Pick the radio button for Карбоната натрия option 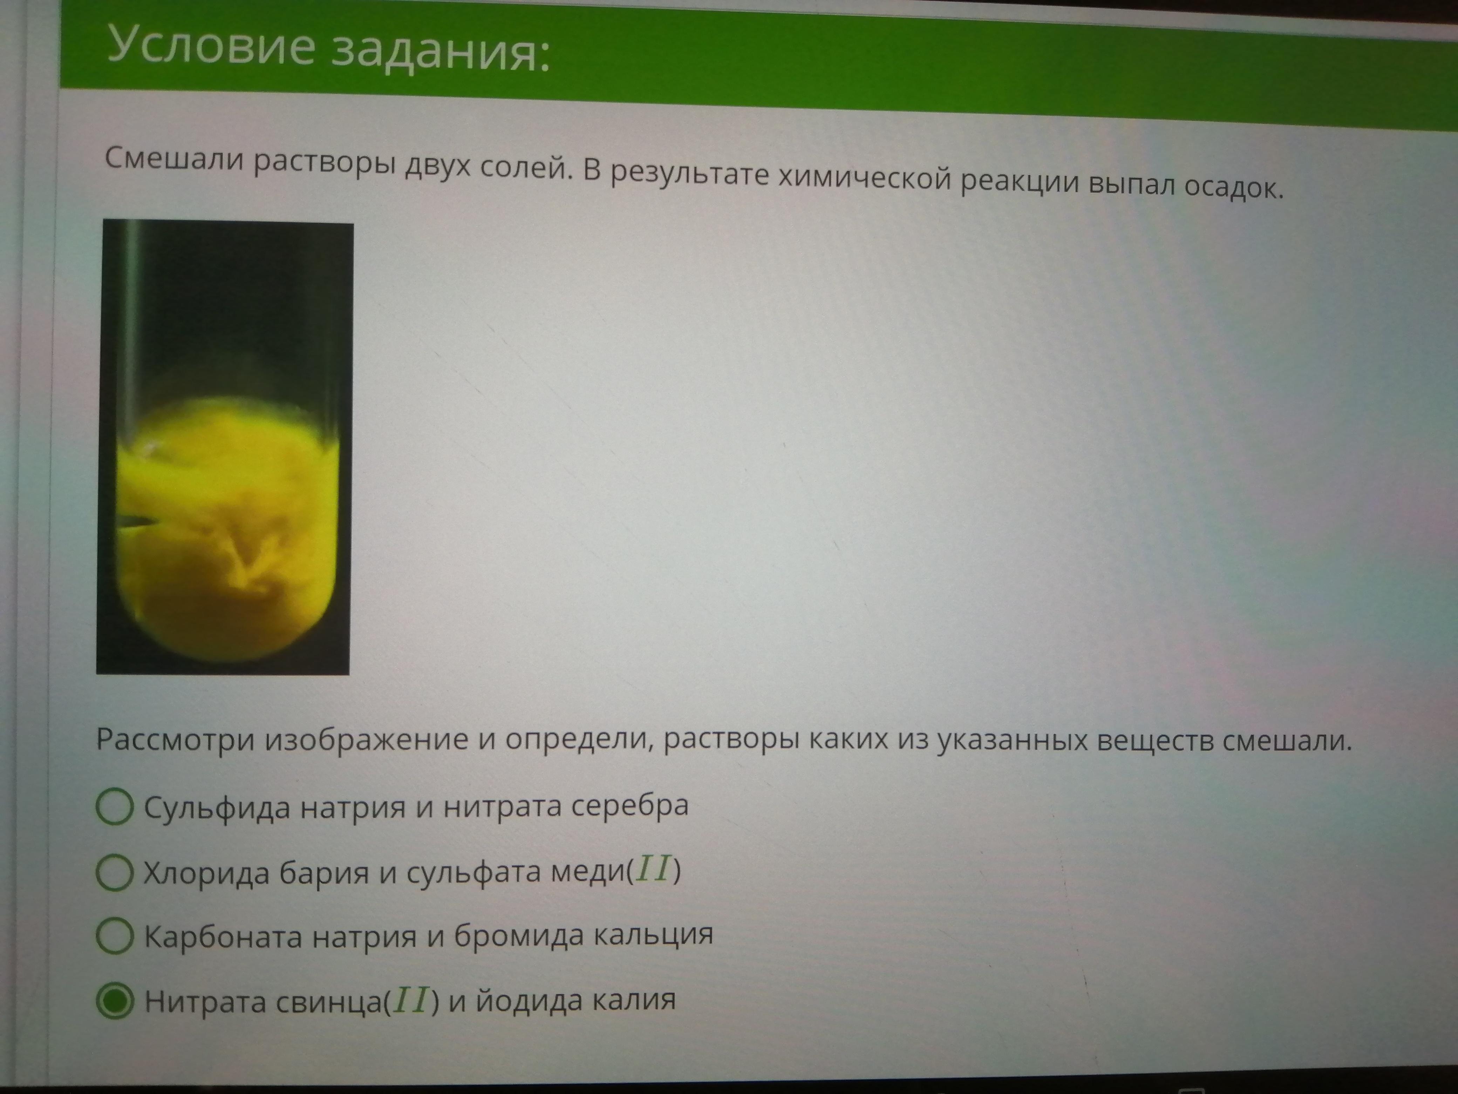pos(115,937)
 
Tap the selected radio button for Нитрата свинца pos(115,1001)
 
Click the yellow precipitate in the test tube pos(227,528)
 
